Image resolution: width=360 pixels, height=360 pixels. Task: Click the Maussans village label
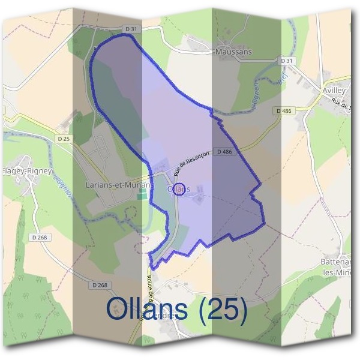[x=233, y=52]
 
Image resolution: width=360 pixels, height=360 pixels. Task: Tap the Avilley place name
[x=334, y=90]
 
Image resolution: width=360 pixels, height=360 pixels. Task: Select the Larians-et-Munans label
[x=117, y=185]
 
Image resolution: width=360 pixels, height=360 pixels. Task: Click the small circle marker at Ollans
[x=179, y=188]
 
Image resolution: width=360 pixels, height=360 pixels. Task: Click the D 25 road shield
[x=65, y=139]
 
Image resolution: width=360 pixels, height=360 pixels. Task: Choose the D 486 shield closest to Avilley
[x=284, y=111]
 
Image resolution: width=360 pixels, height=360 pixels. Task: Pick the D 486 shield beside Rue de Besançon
[x=224, y=152]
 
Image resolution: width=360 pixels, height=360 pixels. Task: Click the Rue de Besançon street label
[x=191, y=163]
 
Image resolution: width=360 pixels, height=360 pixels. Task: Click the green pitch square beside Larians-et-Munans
[x=142, y=195]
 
